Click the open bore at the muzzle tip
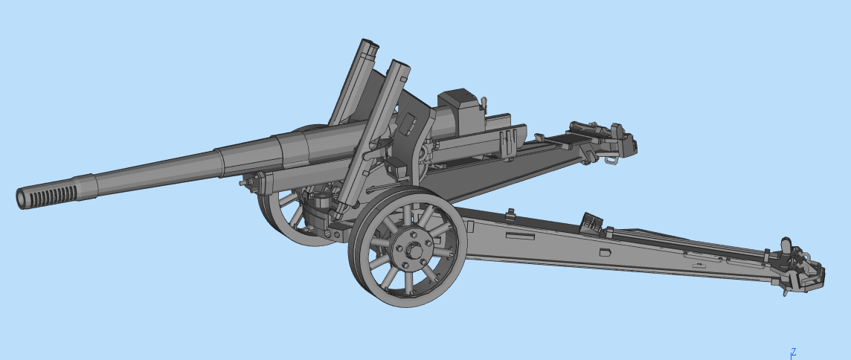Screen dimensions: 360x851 click(x=21, y=199)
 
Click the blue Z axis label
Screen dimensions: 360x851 click(x=794, y=352)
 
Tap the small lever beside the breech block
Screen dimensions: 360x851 click(x=484, y=100)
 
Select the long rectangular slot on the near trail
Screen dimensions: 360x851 click(x=520, y=237)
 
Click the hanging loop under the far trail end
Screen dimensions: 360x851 click(x=611, y=158)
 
